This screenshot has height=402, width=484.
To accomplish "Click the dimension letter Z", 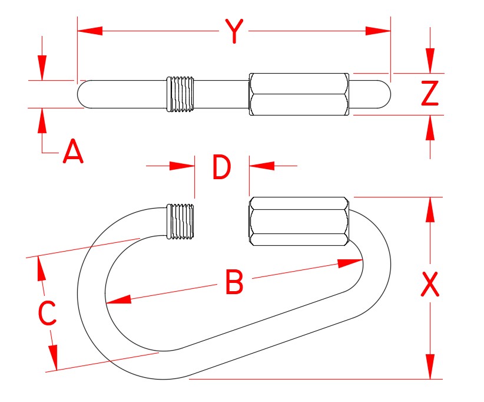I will pos(430,93).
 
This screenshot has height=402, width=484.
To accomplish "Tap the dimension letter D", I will pos(221,168).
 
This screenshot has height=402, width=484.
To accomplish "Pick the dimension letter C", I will pos(47,314).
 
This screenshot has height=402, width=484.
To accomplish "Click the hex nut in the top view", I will pos(299,94).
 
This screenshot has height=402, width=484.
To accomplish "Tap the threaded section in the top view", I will pos(180,94).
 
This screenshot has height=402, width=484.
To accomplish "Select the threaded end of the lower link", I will pos(181,222).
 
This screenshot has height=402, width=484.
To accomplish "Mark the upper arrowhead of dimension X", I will pos(430,210).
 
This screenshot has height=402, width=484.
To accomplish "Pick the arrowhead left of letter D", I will pos(183,167).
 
